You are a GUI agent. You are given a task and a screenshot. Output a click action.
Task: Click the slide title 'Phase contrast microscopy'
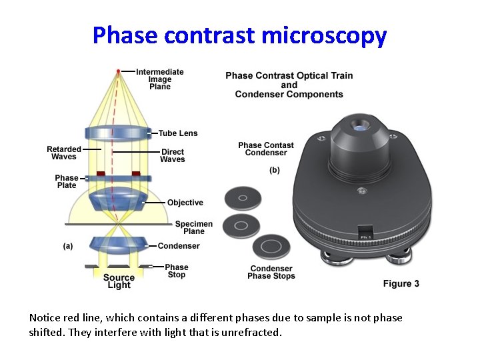(x=239, y=35)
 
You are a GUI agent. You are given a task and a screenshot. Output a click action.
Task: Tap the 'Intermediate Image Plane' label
(x=160, y=79)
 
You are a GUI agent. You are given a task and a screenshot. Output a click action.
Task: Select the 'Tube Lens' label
(x=178, y=133)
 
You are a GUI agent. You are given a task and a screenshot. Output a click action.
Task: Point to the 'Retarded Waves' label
(x=64, y=153)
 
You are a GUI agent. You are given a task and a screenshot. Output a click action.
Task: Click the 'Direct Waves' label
(x=173, y=155)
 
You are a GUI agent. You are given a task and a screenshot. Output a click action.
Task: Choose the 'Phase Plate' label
(x=67, y=181)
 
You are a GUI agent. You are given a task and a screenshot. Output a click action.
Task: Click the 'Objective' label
(x=185, y=203)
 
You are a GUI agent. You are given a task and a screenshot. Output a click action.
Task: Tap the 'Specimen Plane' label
(x=194, y=227)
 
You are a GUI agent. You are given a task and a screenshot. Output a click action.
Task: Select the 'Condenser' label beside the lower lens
(x=179, y=246)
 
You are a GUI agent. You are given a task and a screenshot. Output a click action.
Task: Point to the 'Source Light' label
(x=119, y=281)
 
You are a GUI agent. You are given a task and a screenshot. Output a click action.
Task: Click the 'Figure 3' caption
(x=401, y=283)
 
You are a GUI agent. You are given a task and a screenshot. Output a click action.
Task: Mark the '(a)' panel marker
(x=68, y=246)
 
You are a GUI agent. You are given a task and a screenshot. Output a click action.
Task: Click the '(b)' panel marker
(x=275, y=170)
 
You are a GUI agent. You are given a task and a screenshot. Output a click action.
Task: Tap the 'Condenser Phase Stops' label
(x=271, y=272)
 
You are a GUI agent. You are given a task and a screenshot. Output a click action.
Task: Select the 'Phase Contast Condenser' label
(x=266, y=149)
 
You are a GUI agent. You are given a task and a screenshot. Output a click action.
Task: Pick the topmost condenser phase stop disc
(x=243, y=198)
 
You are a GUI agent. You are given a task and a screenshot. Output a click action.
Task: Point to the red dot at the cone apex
(x=119, y=71)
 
